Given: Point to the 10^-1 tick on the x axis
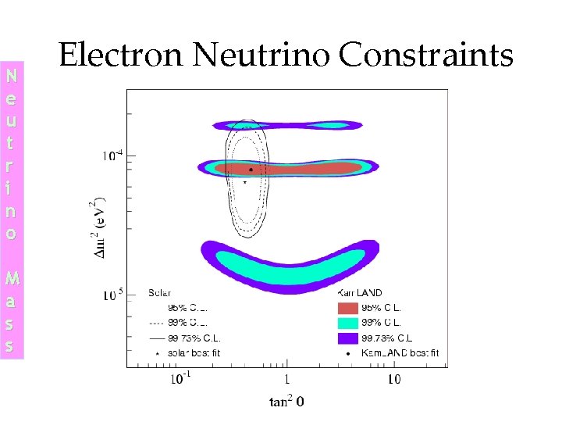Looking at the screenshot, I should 180,378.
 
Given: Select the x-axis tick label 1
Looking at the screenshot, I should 287,379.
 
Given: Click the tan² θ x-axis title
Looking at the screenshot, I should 286,402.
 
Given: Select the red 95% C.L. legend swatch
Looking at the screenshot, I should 347,308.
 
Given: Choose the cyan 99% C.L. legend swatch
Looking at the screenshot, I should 347,323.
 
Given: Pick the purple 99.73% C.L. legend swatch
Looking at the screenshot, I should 347,338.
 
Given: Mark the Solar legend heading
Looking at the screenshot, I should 159,293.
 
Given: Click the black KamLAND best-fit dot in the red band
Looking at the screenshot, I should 251,169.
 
